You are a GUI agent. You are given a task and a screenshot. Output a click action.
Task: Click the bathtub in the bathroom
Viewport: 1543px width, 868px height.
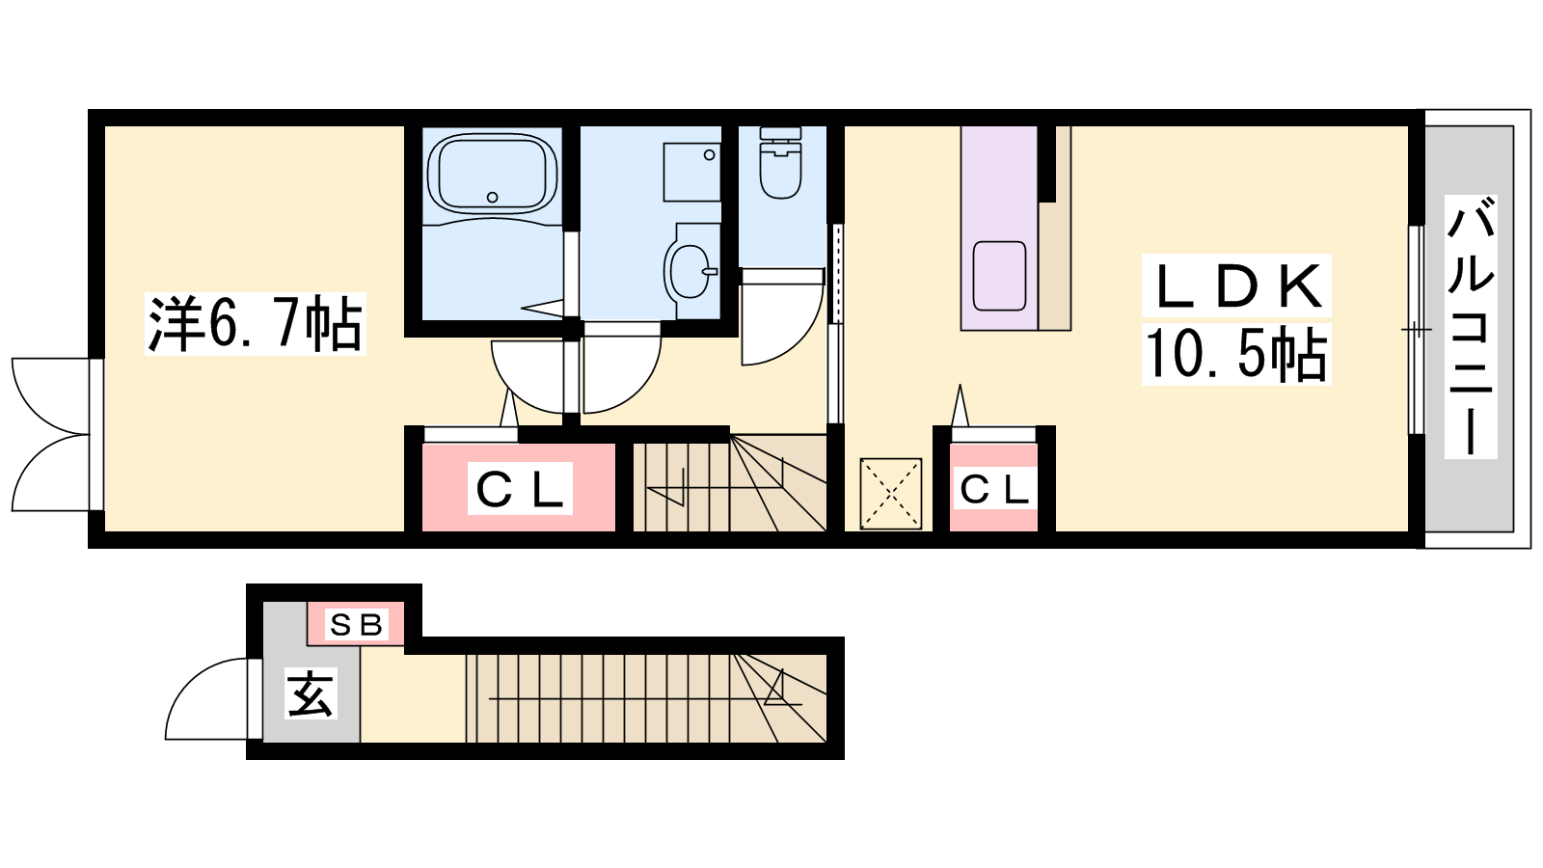[492, 173]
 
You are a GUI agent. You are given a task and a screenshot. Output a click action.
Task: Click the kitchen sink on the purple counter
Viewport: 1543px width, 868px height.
[999, 276]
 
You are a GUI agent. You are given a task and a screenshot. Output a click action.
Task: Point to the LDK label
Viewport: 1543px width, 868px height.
[1236, 285]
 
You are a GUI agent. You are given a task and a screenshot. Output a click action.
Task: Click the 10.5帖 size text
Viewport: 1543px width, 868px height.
[1235, 354]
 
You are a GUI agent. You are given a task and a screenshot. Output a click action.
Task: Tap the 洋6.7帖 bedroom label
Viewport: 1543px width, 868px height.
[255, 324]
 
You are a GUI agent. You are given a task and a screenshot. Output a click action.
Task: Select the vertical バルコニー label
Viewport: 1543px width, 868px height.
[1470, 327]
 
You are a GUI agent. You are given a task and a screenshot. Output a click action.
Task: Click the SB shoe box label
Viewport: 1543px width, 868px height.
[356, 625]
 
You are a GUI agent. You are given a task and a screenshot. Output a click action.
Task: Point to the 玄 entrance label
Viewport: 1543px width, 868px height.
[311, 693]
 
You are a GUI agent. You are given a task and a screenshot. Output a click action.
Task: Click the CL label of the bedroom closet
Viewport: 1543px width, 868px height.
[520, 488]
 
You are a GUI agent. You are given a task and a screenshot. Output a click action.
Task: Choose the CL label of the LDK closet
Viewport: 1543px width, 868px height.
[994, 489]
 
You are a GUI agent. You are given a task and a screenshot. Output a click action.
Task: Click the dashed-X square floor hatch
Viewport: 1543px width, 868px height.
[891, 494]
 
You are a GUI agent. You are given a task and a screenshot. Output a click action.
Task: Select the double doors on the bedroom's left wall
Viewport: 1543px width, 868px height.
[50, 435]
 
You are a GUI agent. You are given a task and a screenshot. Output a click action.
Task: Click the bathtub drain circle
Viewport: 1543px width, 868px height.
[492, 198]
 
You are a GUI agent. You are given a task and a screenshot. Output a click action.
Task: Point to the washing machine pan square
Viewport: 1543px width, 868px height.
[691, 173]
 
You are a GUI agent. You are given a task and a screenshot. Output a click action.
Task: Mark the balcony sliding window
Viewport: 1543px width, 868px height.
[1417, 330]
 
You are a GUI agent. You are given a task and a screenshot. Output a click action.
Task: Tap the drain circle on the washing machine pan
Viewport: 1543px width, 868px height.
[709, 155]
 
